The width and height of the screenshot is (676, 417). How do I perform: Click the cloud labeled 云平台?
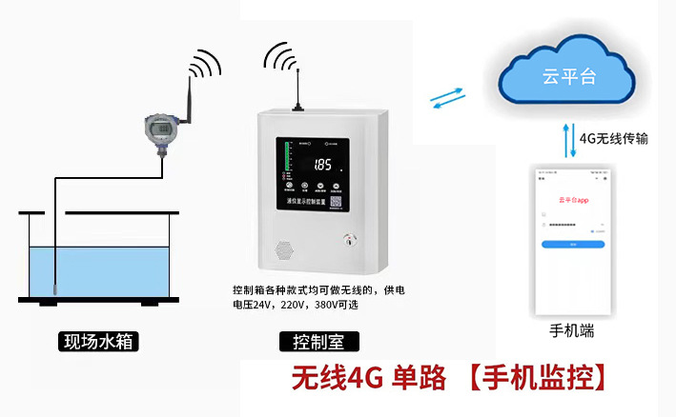coord(568,74)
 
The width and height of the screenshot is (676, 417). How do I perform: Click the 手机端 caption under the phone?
coord(572,331)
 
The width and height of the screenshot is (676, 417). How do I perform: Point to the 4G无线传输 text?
coord(614,138)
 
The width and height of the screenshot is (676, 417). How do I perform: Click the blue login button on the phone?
coord(573,244)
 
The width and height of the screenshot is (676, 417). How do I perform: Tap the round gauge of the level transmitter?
coord(158,127)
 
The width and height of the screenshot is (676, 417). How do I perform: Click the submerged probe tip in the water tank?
coord(56,287)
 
